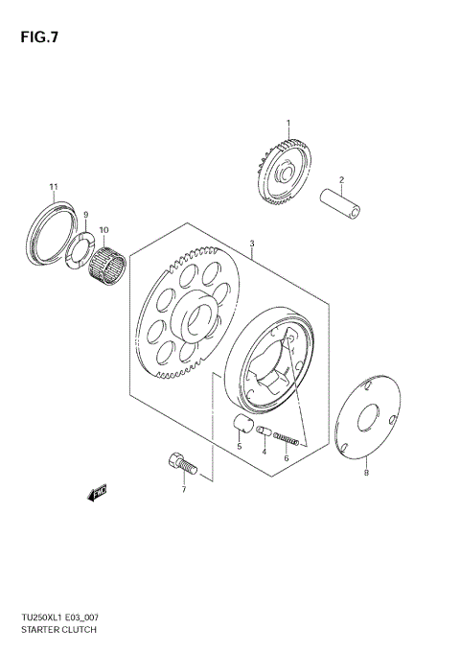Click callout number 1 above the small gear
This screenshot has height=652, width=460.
pyautogui.click(x=287, y=123)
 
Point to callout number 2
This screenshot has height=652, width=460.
pyautogui.click(x=340, y=178)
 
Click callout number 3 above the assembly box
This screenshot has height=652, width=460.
pyautogui.click(x=251, y=244)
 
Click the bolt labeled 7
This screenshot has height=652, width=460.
pyautogui.click(x=180, y=465)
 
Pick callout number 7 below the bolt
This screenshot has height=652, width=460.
pyautogui.click(x=184, y=490)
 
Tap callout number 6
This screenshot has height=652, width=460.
pyautogui.click(x=285, y=458)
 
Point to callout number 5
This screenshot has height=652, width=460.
pyautogui.click(x=239, y=447)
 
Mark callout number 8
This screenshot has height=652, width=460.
pyautogui.click(x=365, y=473)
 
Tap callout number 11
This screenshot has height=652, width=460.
pyautogui.click(x=54, y=186)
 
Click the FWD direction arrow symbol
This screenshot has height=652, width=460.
pyautogui.click(x=96, y=494)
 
